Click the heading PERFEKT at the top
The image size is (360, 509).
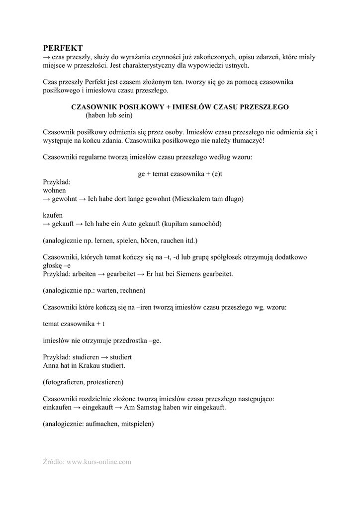tap(63, 48)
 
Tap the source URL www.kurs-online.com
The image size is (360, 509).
tap(99, 462)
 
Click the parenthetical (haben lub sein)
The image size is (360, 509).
tap(109, 116)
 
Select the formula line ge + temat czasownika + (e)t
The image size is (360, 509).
tap(180, 174)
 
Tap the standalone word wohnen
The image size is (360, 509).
tap(55, 190)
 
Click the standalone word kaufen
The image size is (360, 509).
tap(53, 215)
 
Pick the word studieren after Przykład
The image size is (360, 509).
tap(86, 357)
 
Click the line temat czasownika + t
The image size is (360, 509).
tap(74, 324)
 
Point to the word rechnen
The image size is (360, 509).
tap(131, 290)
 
